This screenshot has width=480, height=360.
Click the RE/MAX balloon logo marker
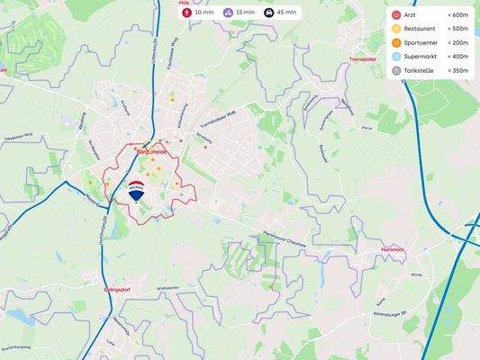pyautogui.click(x=136, y=191)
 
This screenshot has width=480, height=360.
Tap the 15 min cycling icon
pyautogui.click(x=228, y=13)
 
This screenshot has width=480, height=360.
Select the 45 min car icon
pyautogui.click(x=268, y=13)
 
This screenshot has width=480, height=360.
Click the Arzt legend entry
pyautogui.click(x=411, y=16)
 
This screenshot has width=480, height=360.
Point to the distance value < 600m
pyautogui.click(x=457, y=16)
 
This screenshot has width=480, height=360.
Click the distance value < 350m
pyautogui.click(x=457, y=70)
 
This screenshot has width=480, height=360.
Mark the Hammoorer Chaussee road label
pyautogui.click(x=285, y=238)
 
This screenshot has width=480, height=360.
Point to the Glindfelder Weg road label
pyautogui.click(x=18, y=135)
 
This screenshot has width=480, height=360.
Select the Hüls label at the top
pyautogui.click(x=185, y=3)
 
